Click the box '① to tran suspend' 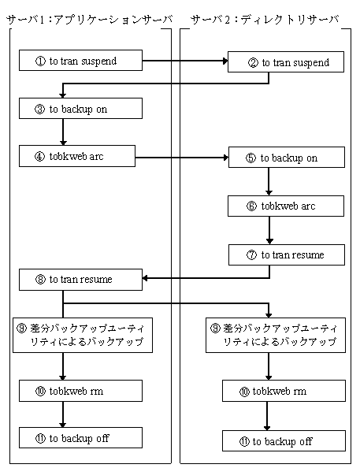[80, 61]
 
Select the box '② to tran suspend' [286, 61]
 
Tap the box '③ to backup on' [80, 109]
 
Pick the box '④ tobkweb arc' [77, 156]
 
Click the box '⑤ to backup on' [287, 157]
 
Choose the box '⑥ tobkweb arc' [286, 206]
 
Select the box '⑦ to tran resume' [287, 255]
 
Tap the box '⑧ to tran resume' [80, 280]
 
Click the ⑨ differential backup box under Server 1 [83, 335]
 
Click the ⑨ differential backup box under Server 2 [276, 335]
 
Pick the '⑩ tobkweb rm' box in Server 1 [80, 391]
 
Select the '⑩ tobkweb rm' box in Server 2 [284, 391]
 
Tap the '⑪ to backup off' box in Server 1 [80, 437]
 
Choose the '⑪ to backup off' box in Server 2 [284, 440]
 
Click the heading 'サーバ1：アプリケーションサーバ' [89, 20]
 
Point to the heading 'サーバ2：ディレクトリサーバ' [265, 20]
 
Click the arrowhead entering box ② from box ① [225, 61]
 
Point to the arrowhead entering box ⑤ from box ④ [226, 158]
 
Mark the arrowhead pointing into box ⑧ [145, 278]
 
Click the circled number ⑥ [251, 206]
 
